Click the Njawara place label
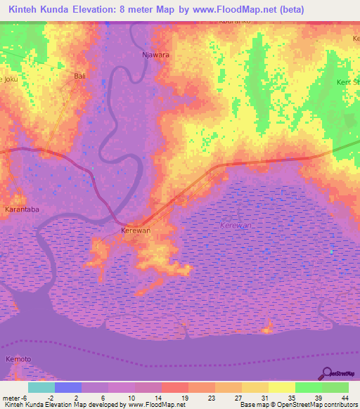pyautogui.click(x=156, y=54)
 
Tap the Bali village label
pyautogui.click(x=79, y=75)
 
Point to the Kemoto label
pyautogui.click(x=18, y=359)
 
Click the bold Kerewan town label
pyautogui.click(x=136, y=231)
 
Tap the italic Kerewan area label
pyautogui.click(x=236, y=225)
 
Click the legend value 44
pyautogui.click(x=344, y=398)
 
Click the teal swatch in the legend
pyautogui.click(x=41, y=387)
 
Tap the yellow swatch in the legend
pyautogui.click(x=282, y=387)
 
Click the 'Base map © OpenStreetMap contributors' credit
pyautogui.click(x=299, y=405)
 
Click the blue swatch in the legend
pyautogui.click(x=68, y=387)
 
